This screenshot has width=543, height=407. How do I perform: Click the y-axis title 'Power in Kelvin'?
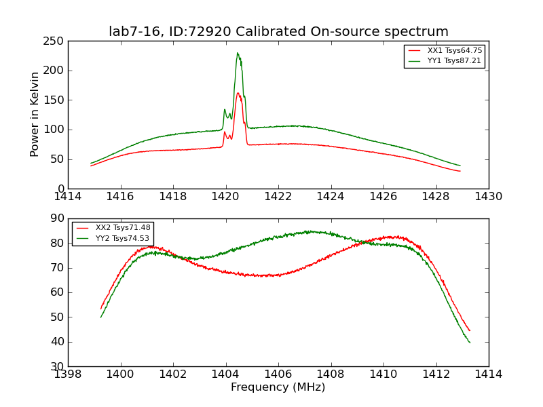click(x=35, y=114)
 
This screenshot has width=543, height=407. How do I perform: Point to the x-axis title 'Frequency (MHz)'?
click(x=278, y=387)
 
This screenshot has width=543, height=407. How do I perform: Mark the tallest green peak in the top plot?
click(x=238, y=53)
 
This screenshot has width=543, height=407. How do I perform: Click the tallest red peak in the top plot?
click(x=238, y=93)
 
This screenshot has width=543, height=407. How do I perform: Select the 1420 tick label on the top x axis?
click(x=225, y=197)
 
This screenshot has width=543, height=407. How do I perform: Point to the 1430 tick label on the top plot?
click(x=488, y=197)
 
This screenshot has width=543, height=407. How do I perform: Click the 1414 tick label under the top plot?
click(x=68, y=197)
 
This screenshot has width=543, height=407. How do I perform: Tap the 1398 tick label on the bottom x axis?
click(x=68, y=374)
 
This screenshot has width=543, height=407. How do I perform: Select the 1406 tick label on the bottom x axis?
click(x=278, y=374)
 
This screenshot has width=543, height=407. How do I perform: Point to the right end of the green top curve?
click(x=460, y=166)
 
